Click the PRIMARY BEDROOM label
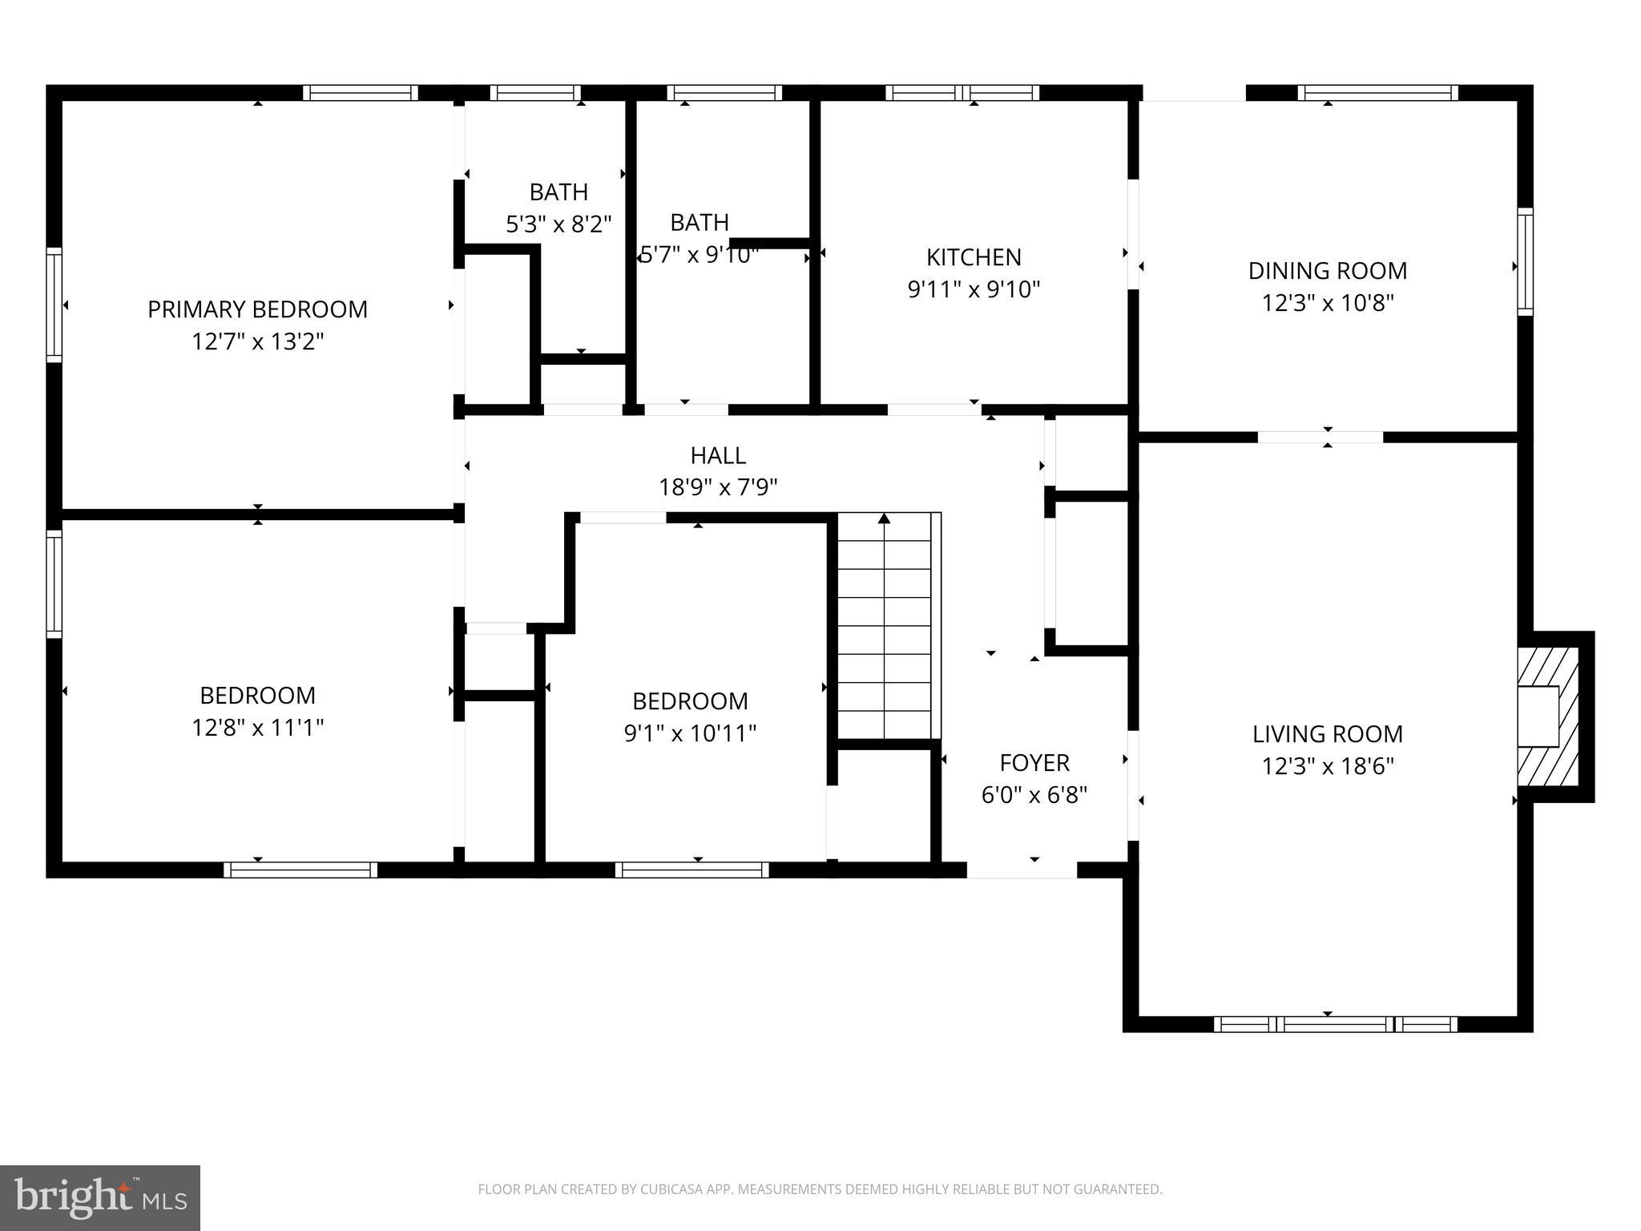pyautogui.click(x=257, y=309)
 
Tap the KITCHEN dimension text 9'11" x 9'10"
pyautogui.click(x=974, y=289)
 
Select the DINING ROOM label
pyautogui.click(x=1327, y=271)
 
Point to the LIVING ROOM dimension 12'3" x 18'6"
pyautogui.click(x=1327, y=767)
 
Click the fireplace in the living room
pyautogui.click(x=1547, y=716)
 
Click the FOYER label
pyautogui.click(x=1034, y=762)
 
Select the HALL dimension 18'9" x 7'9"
pyautogui.click(x=718, y=487)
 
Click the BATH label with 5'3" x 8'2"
pyautogui.click(x=558, y=192)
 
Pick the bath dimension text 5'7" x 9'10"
pyautogui.click(x=699, y=255)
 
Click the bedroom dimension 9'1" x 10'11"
pyautogui.click(x=690, y=733)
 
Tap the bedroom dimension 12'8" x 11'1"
pyautogui.click(x=257, y=728)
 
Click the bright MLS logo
pyautogui.click(x=100, y=1197)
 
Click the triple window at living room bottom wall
pyautogui.click(x=1335, y=1023)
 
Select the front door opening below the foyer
pyautogui.click(x=1022, y=870)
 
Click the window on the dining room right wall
pyautogui.click(x=1525, y=261)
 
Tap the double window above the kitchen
pyautogui.click(x=962, y=93)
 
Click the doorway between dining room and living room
pyautogui.click(x=1320, y=438)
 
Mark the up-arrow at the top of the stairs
pyautogui.click(x=885, y=519)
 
